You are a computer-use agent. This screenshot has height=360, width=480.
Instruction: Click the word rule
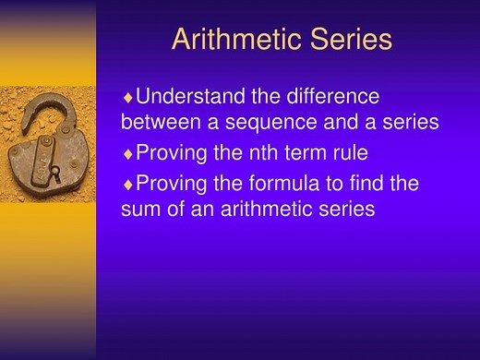pyautogui.click(x=347, y=152)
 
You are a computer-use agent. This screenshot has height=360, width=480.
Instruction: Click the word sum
pyautogui.click(x=139, y=210)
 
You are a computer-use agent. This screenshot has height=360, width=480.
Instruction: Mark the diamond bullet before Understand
pyautogui.click(x=128, y=96)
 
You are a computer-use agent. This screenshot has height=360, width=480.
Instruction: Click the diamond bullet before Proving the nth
pyautogui.click(x=128, y=153)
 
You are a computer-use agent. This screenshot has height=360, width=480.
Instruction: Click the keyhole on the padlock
pyautogui.click(x=54, y=173)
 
